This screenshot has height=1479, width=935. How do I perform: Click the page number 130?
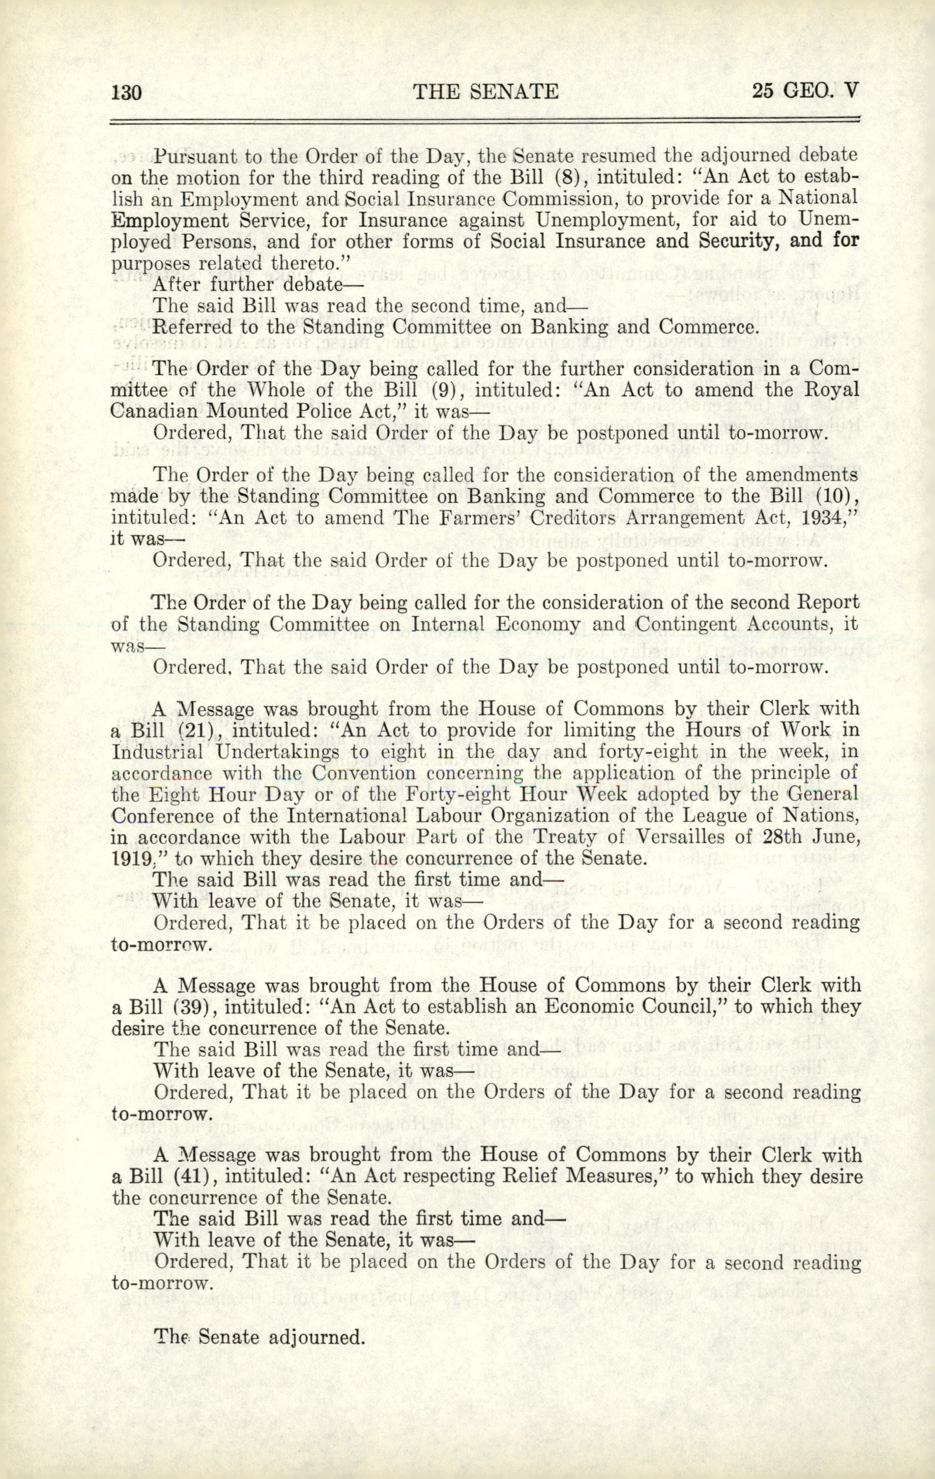127,92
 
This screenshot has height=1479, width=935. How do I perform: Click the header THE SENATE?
486,92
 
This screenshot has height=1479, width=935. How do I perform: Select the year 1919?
130,858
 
